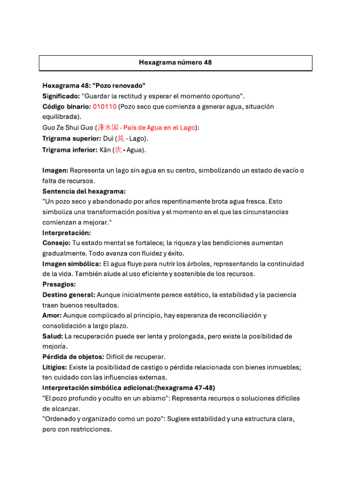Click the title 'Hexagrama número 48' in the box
click(x=175, y=62)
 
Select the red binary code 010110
click(x=105, y=106)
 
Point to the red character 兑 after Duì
click(x=120, y=138)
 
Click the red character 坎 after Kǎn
click(x=118, y=150)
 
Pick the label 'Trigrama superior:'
click(x=72, y=138)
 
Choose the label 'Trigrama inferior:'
click(x=70, y=150)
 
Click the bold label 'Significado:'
click(x=61, y=96)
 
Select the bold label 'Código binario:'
click(x=66, y=106)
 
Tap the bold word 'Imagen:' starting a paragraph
click(x=55, y=171)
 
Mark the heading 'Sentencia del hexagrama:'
click(x=84, y=191)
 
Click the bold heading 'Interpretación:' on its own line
click(x=67, y=232)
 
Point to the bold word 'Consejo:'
click(x=56, y=243)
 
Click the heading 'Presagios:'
click(x=59, y=285)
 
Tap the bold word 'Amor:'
click(x=52, y=315)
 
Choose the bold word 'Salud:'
click(x=52, y=336)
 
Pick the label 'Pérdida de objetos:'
click(x=73, y=357)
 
